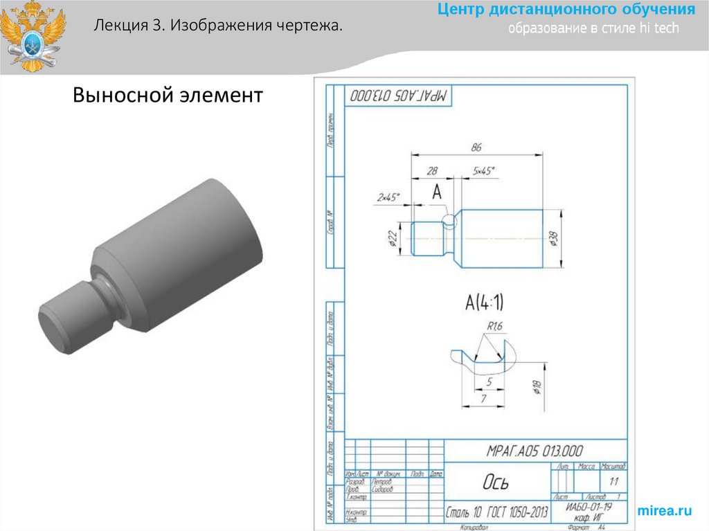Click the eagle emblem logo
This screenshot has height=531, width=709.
coord(33,36)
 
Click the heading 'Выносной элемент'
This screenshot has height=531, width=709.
coord(168,95)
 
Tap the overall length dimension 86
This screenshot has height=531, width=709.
coord(476,147)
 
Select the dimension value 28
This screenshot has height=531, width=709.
coord(433,170)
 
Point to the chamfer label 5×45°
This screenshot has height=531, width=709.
coord(484,170)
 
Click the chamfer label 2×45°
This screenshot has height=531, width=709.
coord(388,197)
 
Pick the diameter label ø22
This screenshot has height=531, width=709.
coord(392,240)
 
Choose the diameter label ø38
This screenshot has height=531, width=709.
coord(553,240)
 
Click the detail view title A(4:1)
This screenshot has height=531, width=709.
coord(484,303)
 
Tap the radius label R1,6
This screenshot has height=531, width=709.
coord(494,325)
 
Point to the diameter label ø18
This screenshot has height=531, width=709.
coord(537,386)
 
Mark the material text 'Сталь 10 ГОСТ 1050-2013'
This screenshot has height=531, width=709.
coord(497,512)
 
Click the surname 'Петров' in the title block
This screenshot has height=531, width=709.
coord(382,481)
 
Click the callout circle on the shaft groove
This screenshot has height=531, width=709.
coord(450,221)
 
